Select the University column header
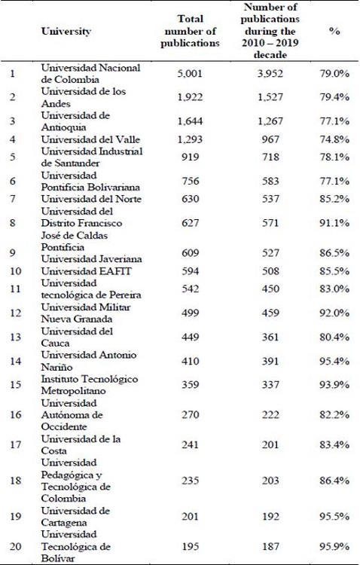(66, 32)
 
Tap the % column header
(334, 32)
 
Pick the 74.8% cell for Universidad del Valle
(334, 139)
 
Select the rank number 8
(12, 223)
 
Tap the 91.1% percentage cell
(334, 223)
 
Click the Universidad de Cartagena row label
(75, 518)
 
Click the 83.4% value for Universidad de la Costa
(334, 444)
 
